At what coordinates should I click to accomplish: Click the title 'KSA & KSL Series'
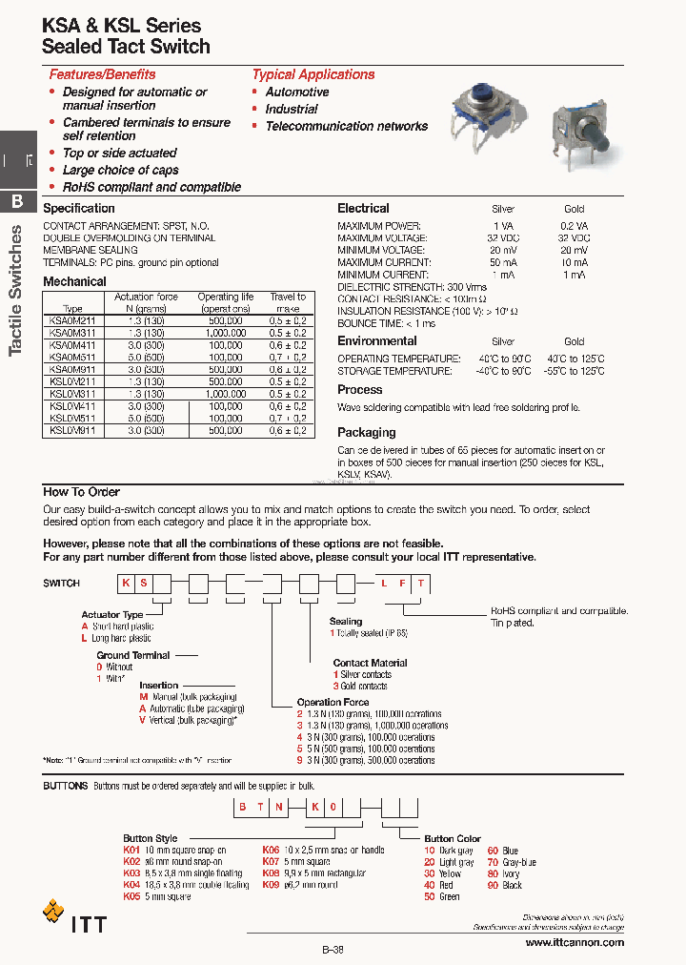pyautogui.click(x=121, y=26)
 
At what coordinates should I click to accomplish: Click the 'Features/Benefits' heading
pyautogui.click(x=102, y=74)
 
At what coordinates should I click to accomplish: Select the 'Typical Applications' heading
pyautogui.click(x=313, y=74)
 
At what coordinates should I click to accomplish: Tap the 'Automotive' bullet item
pyautogui.click(x=296, y=92)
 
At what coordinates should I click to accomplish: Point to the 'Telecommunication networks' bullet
pyautogui.click(x=346, y=126)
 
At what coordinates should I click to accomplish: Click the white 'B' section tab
pyautogui.click(x=17, y=201)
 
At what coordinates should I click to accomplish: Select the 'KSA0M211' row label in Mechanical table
pyautogui.click(x=71, y=321)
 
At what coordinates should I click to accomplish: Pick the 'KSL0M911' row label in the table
pyautogui.click(x=71, y=430)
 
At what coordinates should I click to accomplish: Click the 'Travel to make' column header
pyautogui.click(x=287, y=302)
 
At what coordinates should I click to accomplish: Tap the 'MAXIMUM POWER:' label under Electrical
pyautogui.click(x=381, y=226)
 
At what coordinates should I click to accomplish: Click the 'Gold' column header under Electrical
pyautogui.click(x=574, y=209)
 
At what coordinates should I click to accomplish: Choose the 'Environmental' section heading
pyautogui.click(x=376, y=341)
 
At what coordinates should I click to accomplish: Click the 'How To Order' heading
pyautogui.click(x=81, y=492)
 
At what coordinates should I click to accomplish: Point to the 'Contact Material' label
pyautogui.click(x=370, y=663)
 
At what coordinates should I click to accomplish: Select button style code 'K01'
pyautogui.click(x=131, y=850)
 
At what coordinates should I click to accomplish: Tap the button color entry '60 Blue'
pyautogui.click(x=502, y=851)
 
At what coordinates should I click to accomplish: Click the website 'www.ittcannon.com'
pyautogui.click(x=575, y=942)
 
